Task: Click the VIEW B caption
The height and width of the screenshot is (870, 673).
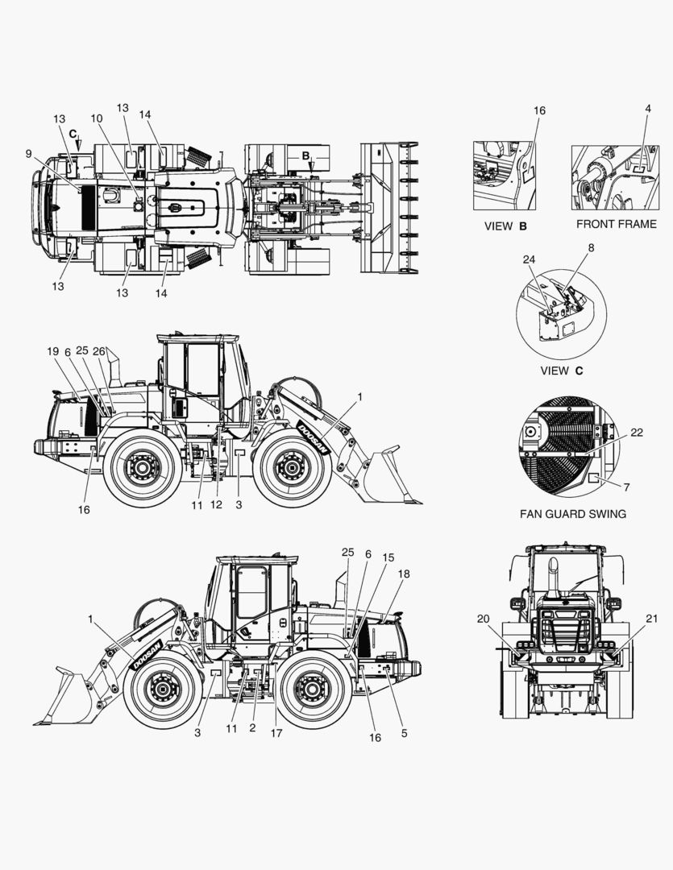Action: [x=505, y=226]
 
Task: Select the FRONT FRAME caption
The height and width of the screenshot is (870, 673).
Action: [x=617, y=224]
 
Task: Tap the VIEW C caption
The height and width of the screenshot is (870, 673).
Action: [x=562, y=371]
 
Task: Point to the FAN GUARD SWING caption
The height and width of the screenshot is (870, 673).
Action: [x=573, y=514]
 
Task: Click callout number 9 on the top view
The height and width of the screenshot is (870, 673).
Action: [x=28, y=154]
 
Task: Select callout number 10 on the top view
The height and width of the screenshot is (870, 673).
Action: [x=97, y=118]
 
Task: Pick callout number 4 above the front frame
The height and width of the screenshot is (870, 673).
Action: [x=648, y=109]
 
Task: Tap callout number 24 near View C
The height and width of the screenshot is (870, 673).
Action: [x=529, y=259]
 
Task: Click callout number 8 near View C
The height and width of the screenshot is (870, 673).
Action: [x=591, y=247]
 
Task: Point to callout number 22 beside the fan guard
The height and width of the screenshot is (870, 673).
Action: [x=637, y=433]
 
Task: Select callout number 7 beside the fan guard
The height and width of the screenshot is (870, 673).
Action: [x=626, y=487]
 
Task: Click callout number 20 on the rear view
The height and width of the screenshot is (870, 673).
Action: [x=483, y=619]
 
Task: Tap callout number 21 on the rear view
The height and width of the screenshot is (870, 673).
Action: [x=651, y=618]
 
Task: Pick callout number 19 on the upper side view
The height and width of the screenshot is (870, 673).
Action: [x=52, y=351]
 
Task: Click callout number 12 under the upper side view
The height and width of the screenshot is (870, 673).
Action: [x=216, y=504]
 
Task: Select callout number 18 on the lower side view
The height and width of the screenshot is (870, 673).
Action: [x=404, y=574]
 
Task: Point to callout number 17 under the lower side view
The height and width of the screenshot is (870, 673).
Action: [x=276, y=733]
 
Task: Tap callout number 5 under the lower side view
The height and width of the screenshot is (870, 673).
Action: [x=404, y=733]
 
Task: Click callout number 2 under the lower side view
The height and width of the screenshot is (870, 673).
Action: [x=252, y=728]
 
